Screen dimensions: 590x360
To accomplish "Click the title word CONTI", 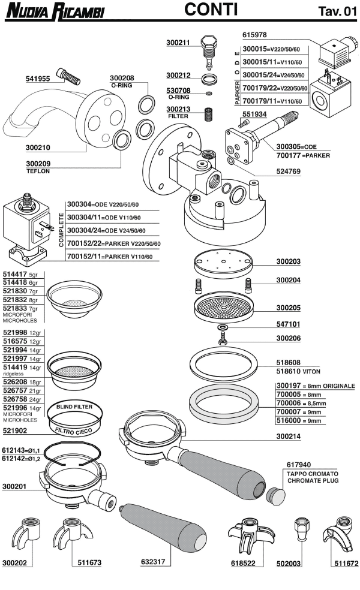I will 211,10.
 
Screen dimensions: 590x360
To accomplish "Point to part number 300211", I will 178,42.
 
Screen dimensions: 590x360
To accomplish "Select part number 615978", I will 256,35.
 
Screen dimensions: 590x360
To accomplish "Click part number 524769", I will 289,171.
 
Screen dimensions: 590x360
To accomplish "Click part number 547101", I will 289,324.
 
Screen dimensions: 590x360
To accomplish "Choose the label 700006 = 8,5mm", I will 299,405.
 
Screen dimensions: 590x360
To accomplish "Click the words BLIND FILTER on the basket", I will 74,407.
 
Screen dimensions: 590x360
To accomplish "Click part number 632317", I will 153,562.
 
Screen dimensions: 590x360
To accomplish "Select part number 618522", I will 243,564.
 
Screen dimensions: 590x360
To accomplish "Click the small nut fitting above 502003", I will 299,530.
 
